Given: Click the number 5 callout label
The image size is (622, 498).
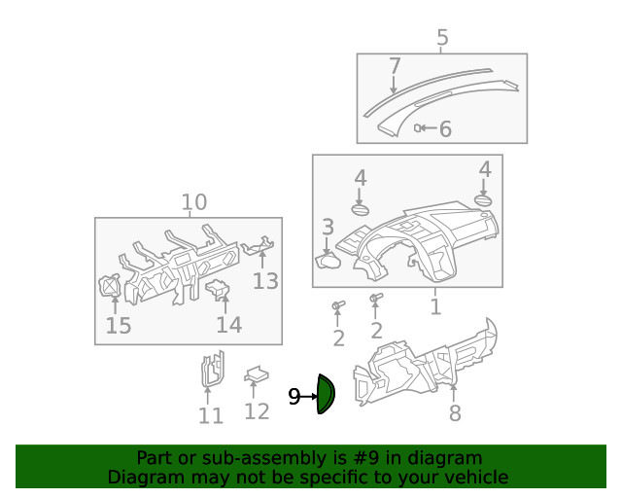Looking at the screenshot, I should point(442,39).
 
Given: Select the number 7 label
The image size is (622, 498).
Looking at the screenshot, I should point(395,66).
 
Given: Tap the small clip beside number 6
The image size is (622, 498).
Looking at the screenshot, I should point(419,127).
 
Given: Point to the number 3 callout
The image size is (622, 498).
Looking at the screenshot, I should point(328,227).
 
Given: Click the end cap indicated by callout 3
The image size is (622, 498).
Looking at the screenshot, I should point(329,259).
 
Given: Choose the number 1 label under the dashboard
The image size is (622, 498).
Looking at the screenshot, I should point(435,307).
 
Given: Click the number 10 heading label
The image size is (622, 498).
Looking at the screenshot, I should point(194,202).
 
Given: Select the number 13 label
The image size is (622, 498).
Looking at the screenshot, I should point(265,281).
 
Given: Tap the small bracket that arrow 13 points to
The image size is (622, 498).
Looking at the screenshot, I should point(258,249).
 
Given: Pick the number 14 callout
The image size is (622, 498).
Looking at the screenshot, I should point(228,324).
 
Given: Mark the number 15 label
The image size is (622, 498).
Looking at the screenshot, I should point(118,325).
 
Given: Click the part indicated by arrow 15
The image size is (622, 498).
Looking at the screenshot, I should point(111,287).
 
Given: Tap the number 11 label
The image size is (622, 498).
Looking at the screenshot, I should point(211,416).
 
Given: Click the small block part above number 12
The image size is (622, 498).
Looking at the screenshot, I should point(257,373).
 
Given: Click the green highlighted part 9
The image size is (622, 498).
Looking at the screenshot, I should point(326,395).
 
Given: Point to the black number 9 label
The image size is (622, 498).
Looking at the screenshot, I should point(294,397).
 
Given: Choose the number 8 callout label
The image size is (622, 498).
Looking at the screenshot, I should point(455,413).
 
